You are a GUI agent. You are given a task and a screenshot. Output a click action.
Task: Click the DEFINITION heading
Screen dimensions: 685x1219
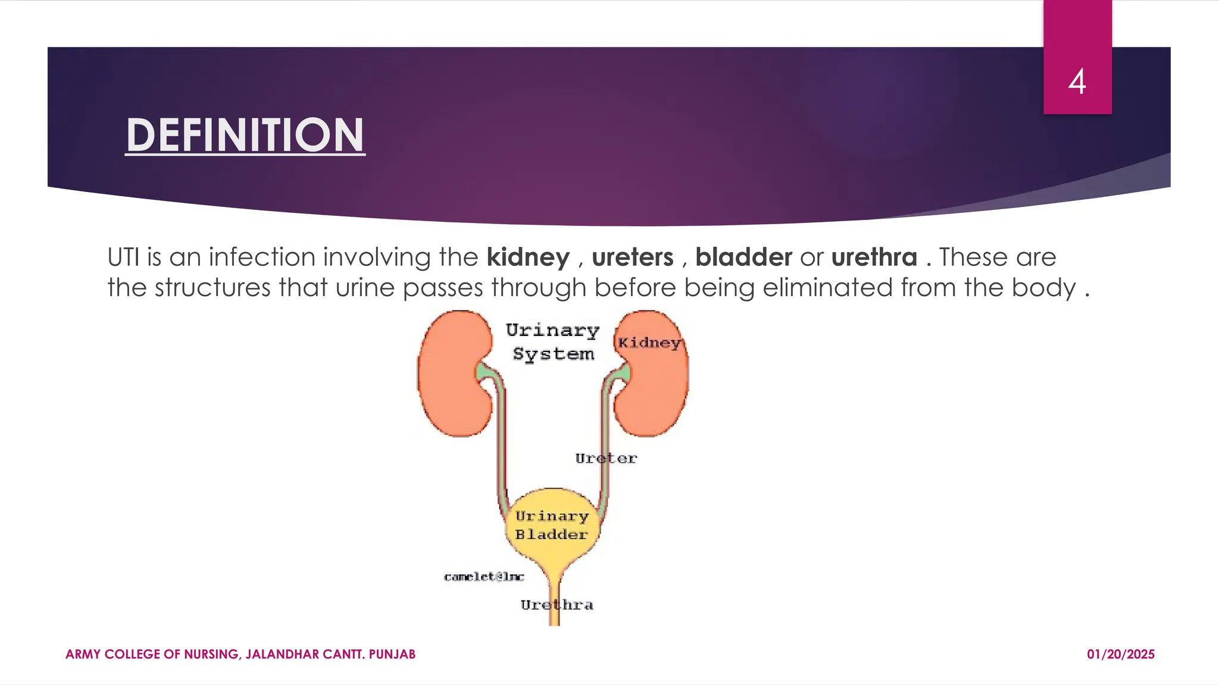tap(245, 136)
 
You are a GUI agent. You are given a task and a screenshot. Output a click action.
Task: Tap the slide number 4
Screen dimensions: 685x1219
tap(1077, 82)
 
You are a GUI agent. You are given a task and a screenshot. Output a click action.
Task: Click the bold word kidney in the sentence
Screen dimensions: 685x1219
tap(528, 257)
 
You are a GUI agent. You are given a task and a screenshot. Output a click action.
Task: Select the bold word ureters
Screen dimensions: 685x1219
tap(632, 257)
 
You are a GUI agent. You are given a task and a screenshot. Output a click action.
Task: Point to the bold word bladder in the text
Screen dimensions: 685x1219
tap(743, 257)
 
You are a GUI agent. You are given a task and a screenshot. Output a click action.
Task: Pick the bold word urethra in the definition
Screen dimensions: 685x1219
tap(874, 257)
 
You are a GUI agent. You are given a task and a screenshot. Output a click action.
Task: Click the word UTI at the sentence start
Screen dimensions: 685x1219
tap(123, 257)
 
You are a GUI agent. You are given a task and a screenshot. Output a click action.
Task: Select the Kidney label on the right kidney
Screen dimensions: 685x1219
tap(649, 342)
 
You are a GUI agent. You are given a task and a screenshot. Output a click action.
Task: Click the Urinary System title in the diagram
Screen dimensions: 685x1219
tap(553, 342)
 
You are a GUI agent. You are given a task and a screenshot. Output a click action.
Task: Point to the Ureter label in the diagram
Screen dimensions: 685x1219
tap(605, 458)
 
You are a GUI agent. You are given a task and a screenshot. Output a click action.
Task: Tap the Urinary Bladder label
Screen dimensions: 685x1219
tap(551, 525)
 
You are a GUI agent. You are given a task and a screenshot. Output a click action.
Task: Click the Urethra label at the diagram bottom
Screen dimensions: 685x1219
tap(557, 605)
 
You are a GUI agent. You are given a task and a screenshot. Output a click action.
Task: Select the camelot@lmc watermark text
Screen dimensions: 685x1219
tap(484, 577)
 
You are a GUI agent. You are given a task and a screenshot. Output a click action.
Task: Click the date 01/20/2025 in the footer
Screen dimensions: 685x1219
tap(1120, 655)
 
